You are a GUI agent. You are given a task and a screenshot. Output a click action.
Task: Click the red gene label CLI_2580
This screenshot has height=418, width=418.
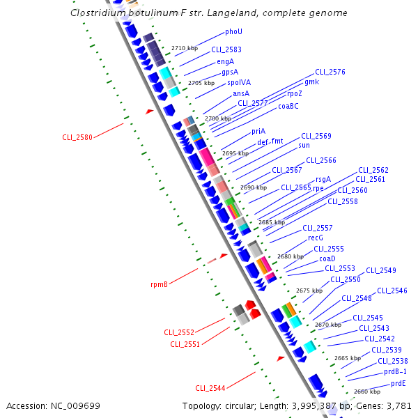point(77,137)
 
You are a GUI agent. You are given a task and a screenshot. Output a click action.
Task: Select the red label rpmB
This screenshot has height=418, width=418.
point(159,284)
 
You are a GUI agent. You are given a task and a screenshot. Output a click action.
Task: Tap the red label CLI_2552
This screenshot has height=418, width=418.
point(179,332)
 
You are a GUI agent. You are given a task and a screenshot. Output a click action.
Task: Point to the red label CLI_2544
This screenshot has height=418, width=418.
point(210,388)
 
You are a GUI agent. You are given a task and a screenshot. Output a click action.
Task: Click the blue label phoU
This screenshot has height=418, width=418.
point(233,32)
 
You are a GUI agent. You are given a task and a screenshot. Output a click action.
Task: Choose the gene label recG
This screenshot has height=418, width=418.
point(316,238)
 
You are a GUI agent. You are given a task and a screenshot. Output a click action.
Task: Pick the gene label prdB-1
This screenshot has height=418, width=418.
point(395,371)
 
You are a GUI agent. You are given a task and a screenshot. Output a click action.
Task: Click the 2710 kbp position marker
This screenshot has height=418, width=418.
point(185,49)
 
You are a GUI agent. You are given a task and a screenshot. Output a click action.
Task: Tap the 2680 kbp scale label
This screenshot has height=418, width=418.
point(291,256)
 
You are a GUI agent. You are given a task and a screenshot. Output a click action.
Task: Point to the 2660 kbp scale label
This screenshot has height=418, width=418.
point(367,392)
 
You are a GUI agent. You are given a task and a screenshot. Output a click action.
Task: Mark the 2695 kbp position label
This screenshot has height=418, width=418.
point(235,153)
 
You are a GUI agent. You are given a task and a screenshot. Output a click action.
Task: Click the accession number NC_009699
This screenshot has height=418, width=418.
point(77,405)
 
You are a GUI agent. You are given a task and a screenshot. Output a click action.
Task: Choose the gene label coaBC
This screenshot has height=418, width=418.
point(288,106)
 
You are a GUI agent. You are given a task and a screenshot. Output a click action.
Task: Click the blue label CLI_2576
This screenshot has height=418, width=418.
point(330,72)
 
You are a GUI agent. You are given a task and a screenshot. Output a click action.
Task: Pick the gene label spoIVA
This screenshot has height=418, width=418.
point(239,82)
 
